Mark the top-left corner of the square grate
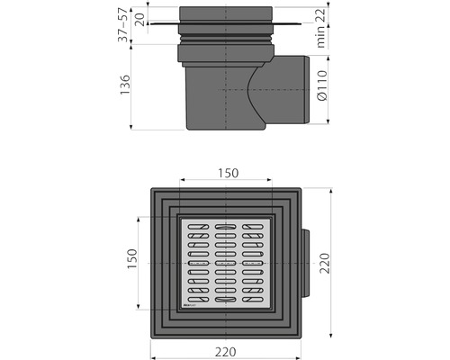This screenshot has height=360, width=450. [x=180, y=216]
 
